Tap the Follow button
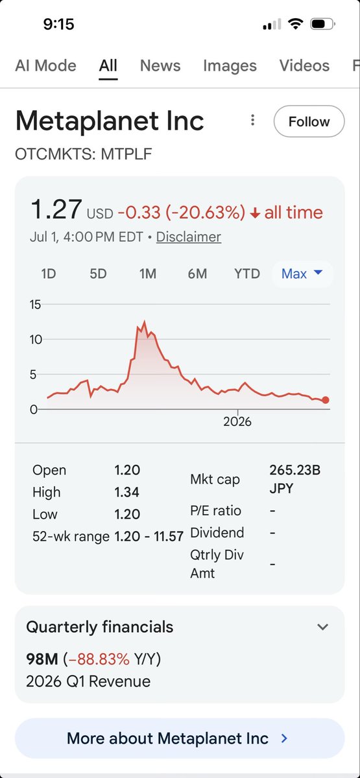point(309,121)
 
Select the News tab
point(160,65)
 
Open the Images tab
point(230,65)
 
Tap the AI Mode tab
point(45,65)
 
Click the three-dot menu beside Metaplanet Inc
point(252,120)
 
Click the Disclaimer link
point(189,237)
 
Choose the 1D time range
point(48,274)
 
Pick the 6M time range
point(197,274)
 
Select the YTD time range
point(247,274)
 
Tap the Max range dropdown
point(302,274)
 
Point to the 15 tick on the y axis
point(35,305)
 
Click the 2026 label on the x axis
point(237,421)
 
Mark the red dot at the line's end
point(325,400)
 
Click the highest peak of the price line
point(144,322)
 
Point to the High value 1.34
point(127,492)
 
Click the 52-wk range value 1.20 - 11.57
point(149,536)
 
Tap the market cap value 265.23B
point(294,470)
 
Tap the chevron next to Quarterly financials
point(323,627)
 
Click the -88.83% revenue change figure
point(99,659)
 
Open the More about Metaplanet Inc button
point(180,738)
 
